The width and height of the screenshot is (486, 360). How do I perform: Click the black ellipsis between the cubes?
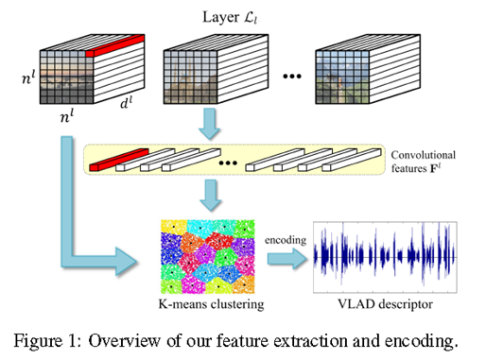coord(291,75)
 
